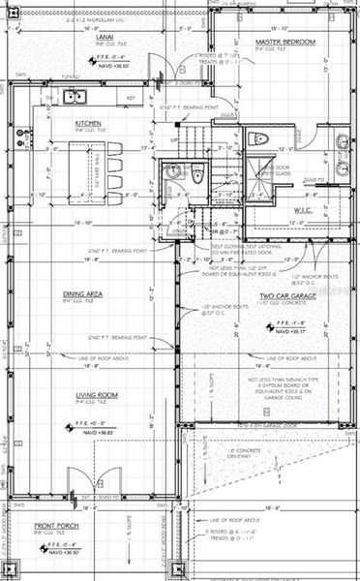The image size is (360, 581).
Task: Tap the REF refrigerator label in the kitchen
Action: [x=129, y=98]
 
